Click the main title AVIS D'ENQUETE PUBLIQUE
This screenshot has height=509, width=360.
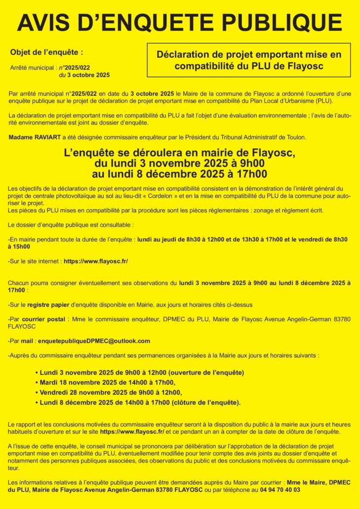coord(180,23)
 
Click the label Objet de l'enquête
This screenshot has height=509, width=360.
coord(46,51)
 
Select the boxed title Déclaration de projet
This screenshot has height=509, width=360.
coord(249,60)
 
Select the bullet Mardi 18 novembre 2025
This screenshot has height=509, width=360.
coord(105,382)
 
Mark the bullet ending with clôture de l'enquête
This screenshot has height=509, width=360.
coord(138,403)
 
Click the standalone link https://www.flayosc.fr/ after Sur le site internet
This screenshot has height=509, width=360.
coord(95,261)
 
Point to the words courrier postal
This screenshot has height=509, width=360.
coord(43,319)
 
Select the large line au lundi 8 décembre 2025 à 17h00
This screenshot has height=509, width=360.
coord(180,173)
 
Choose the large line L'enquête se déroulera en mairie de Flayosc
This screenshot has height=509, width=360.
coord(180,153)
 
